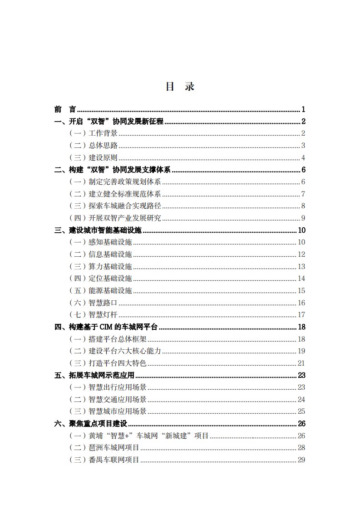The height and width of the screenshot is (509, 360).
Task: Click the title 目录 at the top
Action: pos(180,87)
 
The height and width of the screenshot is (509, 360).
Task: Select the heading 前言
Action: pos(65,109)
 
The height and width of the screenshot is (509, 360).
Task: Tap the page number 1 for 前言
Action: pos(303,109)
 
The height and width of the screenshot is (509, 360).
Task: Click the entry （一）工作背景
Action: pos(93,133)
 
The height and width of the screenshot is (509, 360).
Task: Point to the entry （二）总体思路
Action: pos(93,146)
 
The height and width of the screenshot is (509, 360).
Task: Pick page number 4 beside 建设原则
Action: pos(303,158)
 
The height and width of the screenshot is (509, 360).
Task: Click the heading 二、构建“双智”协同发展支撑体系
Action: pos(112,170)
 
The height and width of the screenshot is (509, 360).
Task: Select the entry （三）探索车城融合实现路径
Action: pos(115,206)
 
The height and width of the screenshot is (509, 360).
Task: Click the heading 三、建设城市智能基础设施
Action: pos(98,230)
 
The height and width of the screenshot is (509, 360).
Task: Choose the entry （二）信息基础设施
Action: pos(100,254)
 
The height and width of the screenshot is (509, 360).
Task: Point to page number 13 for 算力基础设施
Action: pos(301,267)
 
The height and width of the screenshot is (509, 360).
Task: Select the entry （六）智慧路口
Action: pos(93,303)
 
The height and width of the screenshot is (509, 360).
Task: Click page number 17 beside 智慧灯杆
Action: pos(301,315)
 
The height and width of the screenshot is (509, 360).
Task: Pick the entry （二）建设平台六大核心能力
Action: pos(115,351)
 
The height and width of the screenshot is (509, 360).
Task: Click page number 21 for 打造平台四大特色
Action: pos(301,363)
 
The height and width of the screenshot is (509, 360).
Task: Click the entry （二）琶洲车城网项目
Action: pos(104,448)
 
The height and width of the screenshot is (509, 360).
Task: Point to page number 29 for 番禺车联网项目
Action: pos(301,460)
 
